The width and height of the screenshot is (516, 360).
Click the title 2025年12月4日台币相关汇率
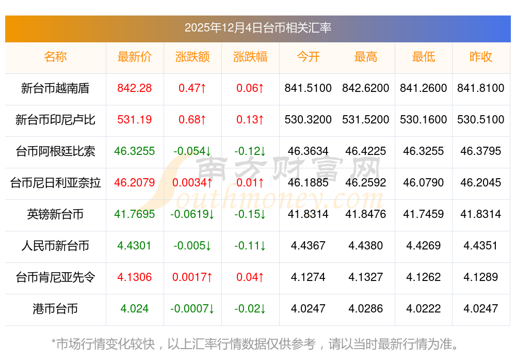pos(257,28)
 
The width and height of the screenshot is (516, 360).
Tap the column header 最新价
pos(135,57)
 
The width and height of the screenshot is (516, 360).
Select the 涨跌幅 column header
pos(250,57)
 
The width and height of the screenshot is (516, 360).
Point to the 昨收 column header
pos(481,57)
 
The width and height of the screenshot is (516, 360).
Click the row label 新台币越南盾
pos(55,88)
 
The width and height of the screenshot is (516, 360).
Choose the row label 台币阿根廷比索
pos(55,151)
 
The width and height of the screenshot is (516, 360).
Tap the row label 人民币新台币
pos(55,246)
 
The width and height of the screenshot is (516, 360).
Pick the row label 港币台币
pos(55,309)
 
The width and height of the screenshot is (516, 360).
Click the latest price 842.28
pos(135,88)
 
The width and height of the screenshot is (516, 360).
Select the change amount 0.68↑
pos(192,120)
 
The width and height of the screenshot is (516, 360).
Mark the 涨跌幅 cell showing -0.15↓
pos(250,214)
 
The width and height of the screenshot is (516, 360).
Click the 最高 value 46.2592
pos(366,183)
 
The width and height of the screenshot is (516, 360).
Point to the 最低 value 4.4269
pos(424,246)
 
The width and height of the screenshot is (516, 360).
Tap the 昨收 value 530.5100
pos(481,120)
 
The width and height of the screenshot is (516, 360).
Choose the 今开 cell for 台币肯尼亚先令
pos(308,277)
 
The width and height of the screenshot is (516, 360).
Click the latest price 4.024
pos(135,309)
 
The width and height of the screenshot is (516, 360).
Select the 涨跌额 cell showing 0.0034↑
pos(192,183)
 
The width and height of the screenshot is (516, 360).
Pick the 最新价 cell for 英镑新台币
pos(135,214)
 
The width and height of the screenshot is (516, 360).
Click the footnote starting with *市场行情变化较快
pos(255,343)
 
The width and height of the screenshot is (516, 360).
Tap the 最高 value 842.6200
pos(366,88)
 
